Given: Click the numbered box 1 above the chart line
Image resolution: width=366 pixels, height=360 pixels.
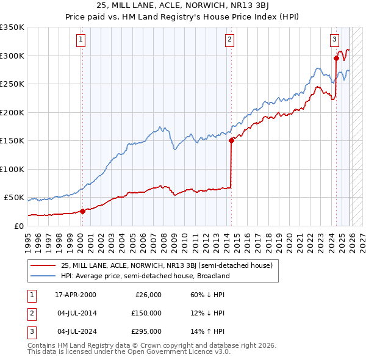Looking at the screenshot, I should [x=81, y=40].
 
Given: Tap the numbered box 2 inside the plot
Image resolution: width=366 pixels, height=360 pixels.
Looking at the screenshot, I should [x=230, y=40].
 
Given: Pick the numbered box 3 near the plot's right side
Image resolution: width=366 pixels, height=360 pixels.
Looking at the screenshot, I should [x=335, y=40].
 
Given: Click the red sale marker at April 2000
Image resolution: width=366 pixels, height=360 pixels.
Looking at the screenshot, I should [x=82, y=211].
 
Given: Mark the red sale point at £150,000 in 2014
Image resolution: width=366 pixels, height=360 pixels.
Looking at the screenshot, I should [x=231, y=140].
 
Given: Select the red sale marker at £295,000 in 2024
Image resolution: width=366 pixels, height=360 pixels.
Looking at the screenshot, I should [x=336, y=59].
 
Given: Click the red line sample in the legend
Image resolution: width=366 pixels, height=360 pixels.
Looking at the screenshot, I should [x=43, y=265].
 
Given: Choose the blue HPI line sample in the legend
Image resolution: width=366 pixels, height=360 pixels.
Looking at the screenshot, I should [x=43, y=275].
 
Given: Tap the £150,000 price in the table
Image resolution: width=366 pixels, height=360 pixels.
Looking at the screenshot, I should [x=145, y=313].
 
